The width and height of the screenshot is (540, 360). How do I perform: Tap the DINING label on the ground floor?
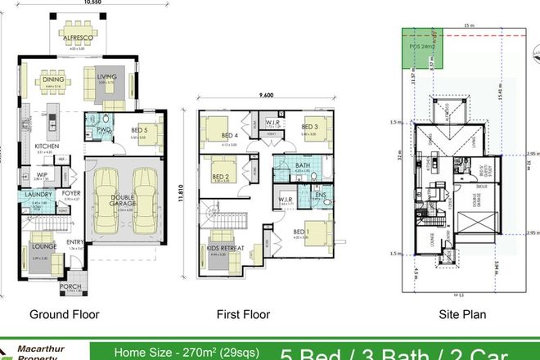click(54, 79)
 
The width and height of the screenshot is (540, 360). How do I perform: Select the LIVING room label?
click(108, 78)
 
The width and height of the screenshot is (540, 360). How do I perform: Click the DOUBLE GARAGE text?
click(124, 202)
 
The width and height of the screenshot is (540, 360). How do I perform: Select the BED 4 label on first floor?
click(230, 137)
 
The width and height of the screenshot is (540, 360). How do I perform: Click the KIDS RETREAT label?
click(223, 247)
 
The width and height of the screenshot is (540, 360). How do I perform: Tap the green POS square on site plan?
click(419, 48)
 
